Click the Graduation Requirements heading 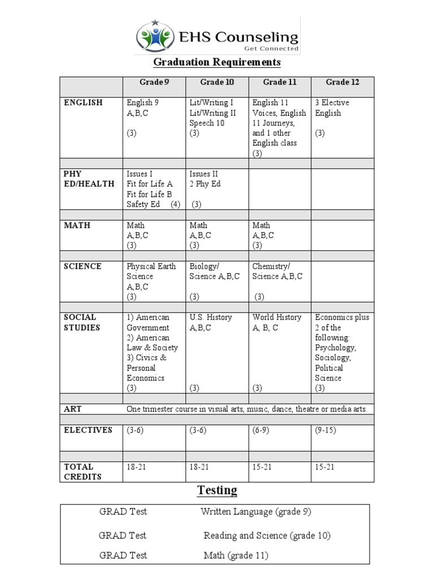218,62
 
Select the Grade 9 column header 154,82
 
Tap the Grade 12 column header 342,82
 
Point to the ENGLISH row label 83,102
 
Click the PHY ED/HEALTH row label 89,179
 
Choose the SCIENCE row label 83,266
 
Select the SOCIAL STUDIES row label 82,322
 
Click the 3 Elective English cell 332,107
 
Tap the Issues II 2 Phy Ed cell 205,179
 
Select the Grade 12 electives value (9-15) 325,430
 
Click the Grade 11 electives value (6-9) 263,430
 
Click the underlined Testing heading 217,490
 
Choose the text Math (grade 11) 236,555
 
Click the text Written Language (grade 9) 255,512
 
